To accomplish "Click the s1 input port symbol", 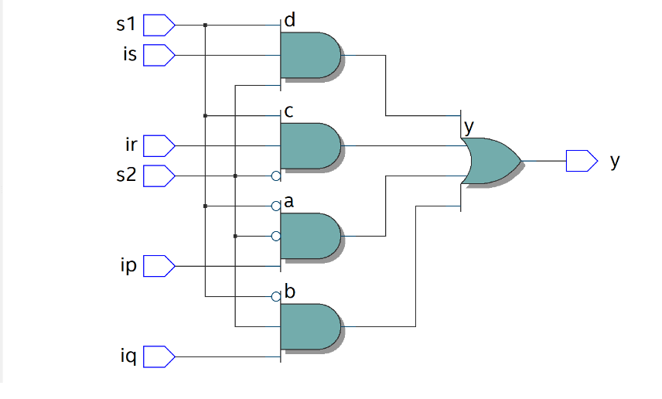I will click(159, 25).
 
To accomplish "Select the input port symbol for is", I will click(159, 55).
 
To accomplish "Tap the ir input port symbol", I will click(159, 145).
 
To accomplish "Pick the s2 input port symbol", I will click(159, 176).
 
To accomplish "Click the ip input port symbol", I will click(159, 267).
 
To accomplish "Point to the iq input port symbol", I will click(159, 357).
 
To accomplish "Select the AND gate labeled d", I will click(309, 55).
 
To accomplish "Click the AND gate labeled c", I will click(309, 145).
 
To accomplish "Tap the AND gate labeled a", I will click(309, 236).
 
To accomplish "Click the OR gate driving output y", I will click(490, 161).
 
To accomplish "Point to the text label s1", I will click(125, 25).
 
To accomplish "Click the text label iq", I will click(128, 357).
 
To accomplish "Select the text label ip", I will click(128, 267).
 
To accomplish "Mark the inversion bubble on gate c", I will click(276, 176).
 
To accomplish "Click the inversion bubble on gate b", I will click(276, 296).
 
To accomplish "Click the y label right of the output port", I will click(616, 161).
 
